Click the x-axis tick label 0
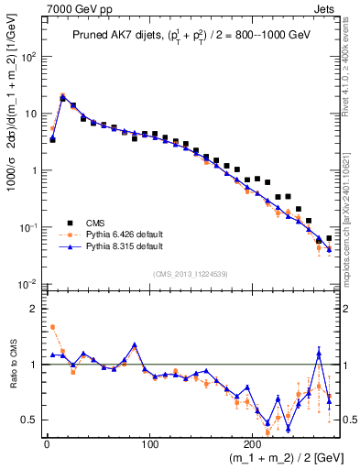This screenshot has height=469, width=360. [46, 442]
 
